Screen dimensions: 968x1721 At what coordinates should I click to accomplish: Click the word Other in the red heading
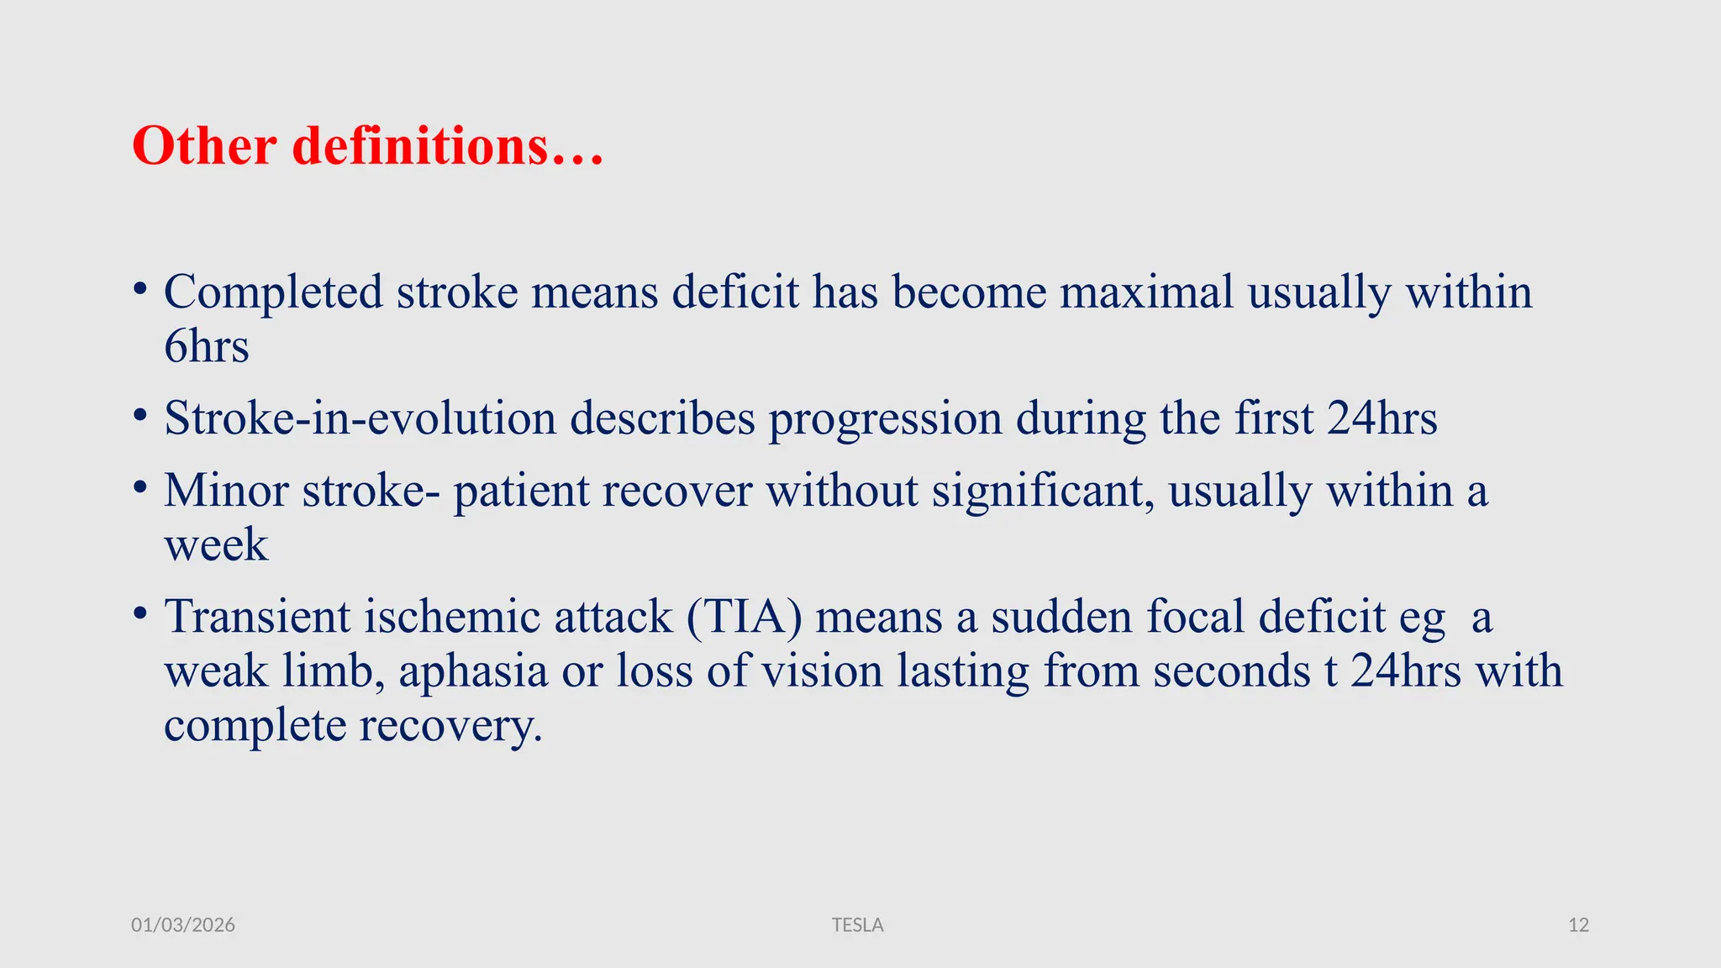click(x=204, y=146)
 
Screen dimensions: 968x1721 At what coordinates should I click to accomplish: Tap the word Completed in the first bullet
click(x=273, y=293)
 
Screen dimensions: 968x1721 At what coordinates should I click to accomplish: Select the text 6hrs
click(x=207, y=347)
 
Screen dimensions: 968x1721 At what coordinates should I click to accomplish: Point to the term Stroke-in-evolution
click(x=360, y=418)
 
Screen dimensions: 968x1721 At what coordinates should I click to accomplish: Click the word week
click(x=216, y=545)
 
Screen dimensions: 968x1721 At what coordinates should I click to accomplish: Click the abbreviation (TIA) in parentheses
click(x=744, y=617)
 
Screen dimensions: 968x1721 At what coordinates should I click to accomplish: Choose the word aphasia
click(x=473, y=671)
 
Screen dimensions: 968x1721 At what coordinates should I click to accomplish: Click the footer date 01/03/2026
click(x=183, y=925)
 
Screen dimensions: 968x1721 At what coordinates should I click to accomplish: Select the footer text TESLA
click(x=857, y=925)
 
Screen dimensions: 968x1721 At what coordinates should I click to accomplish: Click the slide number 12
click(x=1578, y=925)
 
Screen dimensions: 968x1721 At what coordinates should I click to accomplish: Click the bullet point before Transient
click(x=140, y=613)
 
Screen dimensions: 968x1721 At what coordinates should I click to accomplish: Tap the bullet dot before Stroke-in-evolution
click(x=140, y=415)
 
